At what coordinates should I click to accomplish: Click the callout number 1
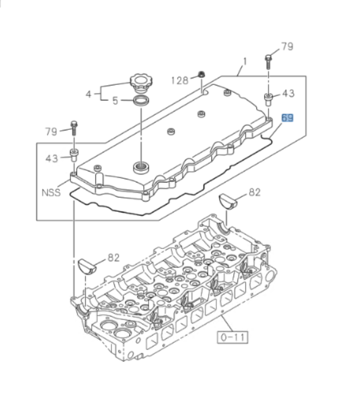click(x=244, y=63)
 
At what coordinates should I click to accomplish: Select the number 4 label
click(x=89, y=94)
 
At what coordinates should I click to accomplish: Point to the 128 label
click(x=179, y=80)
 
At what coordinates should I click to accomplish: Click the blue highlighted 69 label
click(x=288, y=118)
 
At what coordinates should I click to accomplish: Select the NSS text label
click(x=51, y=192)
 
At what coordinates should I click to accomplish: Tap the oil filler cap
click(x=141, y=83)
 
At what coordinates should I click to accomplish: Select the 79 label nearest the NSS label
click(x=51, y=131)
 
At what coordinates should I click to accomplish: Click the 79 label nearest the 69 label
click(x=286, y=47)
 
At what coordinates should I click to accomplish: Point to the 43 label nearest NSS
click(x=51, y=158)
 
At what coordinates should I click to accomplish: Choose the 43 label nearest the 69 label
click(x=288, y=93)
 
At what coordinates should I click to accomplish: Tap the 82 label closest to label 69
click(x=254, y=192)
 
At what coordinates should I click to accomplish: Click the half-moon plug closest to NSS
click(x=88, y=266)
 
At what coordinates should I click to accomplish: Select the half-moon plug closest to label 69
click(x=229, y=201)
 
